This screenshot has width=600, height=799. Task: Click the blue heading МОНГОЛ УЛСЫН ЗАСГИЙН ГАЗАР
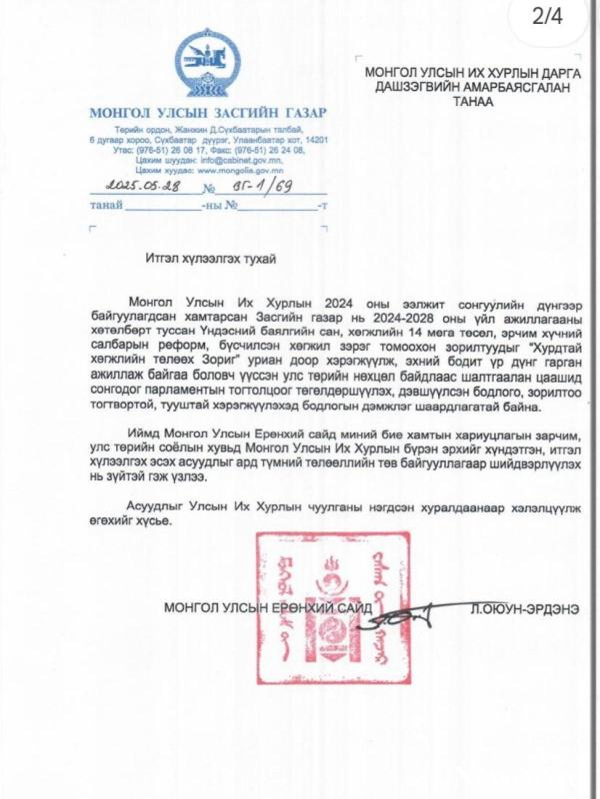click(206, 111)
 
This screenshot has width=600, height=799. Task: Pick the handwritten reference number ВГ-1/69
click(247, 187)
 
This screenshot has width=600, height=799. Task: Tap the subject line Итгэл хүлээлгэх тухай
click(209, 258)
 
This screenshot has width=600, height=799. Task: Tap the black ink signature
click(410, 616)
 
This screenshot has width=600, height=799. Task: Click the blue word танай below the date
click(106, 205)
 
